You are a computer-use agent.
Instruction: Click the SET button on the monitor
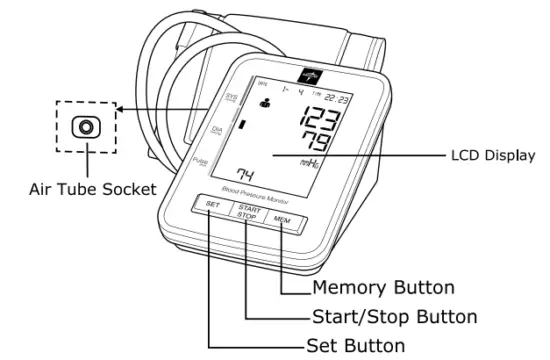click(213, 206)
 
